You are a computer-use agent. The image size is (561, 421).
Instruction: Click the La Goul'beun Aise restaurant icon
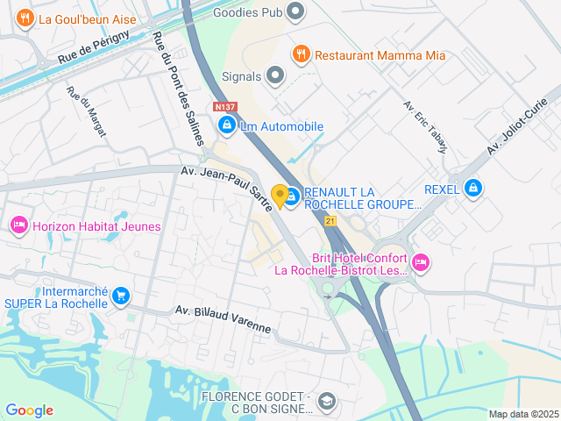click(25, 17)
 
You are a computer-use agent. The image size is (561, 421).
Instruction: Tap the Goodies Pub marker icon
click(295, 12)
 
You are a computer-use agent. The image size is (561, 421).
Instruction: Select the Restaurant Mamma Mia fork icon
click(302, 54)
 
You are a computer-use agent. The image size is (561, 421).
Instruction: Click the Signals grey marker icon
click(276, 76)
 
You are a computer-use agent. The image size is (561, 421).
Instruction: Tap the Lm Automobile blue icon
click(227, 126)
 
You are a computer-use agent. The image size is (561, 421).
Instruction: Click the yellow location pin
click(280, 196)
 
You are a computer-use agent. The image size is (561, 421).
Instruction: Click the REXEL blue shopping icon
click(473, 188)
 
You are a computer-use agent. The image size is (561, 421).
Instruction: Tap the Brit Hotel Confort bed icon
click(421, 260)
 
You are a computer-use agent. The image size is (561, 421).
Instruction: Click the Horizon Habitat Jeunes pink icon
click(19, 226)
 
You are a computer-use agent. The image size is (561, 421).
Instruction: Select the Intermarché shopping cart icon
click(121, 296)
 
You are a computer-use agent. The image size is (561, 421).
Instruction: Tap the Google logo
click(29, 410)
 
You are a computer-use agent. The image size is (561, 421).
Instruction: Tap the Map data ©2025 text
click(523, 414)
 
